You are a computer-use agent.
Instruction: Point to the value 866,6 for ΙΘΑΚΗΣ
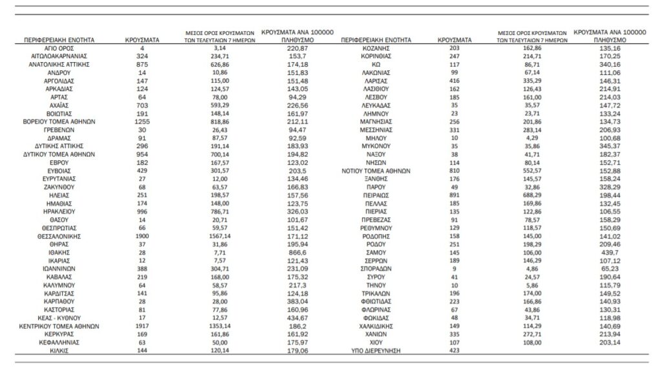click(x=294, y=253)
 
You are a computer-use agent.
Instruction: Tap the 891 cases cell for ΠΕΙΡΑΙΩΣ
click(x=454, y=194)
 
